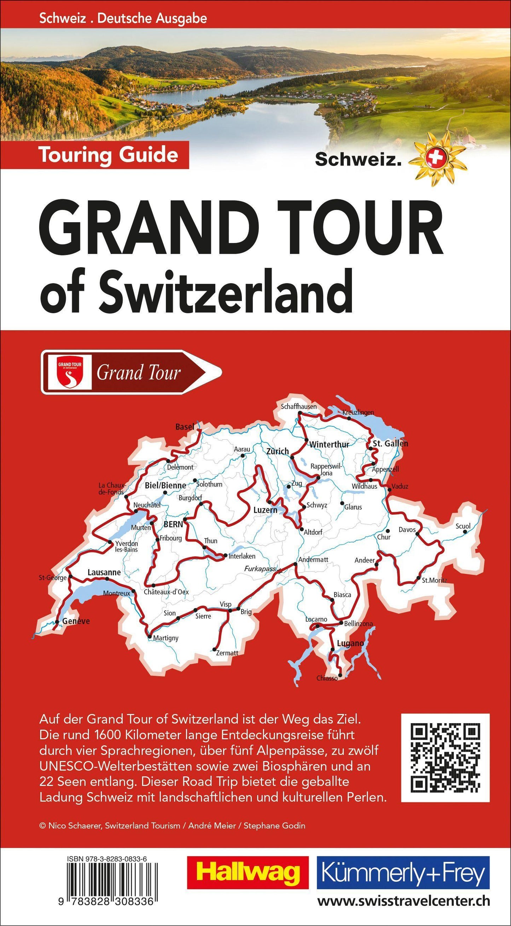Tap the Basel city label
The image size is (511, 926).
pos(185,427)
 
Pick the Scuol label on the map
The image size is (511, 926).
pos(463,526)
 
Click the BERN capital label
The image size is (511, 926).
pos(173,524)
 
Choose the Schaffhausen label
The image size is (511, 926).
pos(299,407)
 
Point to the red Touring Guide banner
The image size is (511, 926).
pos(109,155)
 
